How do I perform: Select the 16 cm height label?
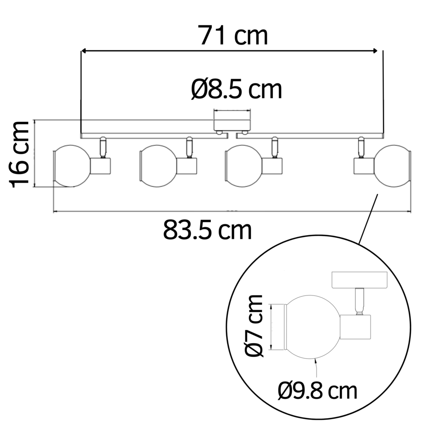[19, 154]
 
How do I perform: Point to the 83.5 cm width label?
[207, 230]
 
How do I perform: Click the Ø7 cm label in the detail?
[254, 325]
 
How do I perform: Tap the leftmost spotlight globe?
[72, 166]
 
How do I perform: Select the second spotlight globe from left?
[158, 166]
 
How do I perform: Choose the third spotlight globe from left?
[243, 166]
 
